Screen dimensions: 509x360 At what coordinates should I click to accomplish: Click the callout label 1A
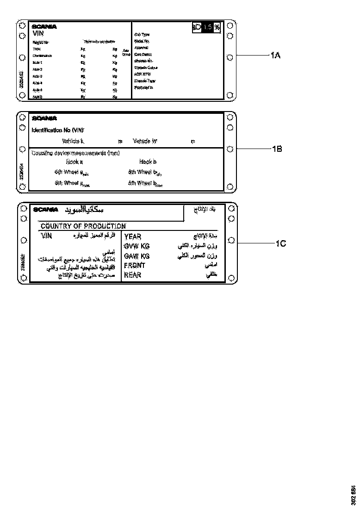[275, 56]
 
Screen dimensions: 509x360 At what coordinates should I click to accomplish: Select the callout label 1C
[281, 243]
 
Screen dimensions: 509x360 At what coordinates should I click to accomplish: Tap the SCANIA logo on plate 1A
[44, 27]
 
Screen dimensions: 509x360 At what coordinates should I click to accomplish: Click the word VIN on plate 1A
[38, 33]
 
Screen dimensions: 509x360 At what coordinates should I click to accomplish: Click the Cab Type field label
[142, 35]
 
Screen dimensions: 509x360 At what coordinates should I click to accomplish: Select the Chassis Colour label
[146, 68]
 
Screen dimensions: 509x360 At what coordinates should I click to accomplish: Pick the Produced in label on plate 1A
[143, 87]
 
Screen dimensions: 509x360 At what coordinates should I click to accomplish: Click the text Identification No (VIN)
[58, 130]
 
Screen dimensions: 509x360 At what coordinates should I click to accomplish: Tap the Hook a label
[74, 162]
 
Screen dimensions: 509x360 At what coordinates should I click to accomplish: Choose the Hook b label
[148, 162]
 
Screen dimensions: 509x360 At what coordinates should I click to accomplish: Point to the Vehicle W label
[145, 141]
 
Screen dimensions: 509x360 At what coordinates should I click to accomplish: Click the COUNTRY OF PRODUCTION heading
[83, 226]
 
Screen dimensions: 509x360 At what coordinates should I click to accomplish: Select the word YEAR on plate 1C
[132, 237]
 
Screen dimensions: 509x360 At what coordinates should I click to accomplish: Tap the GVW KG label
[137, 246]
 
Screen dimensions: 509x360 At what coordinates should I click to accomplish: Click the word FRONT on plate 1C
[135, 266]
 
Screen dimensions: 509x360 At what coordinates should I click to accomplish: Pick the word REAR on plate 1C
[132, 275]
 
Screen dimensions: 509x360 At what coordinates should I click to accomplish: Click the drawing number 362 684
[354, 496]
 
